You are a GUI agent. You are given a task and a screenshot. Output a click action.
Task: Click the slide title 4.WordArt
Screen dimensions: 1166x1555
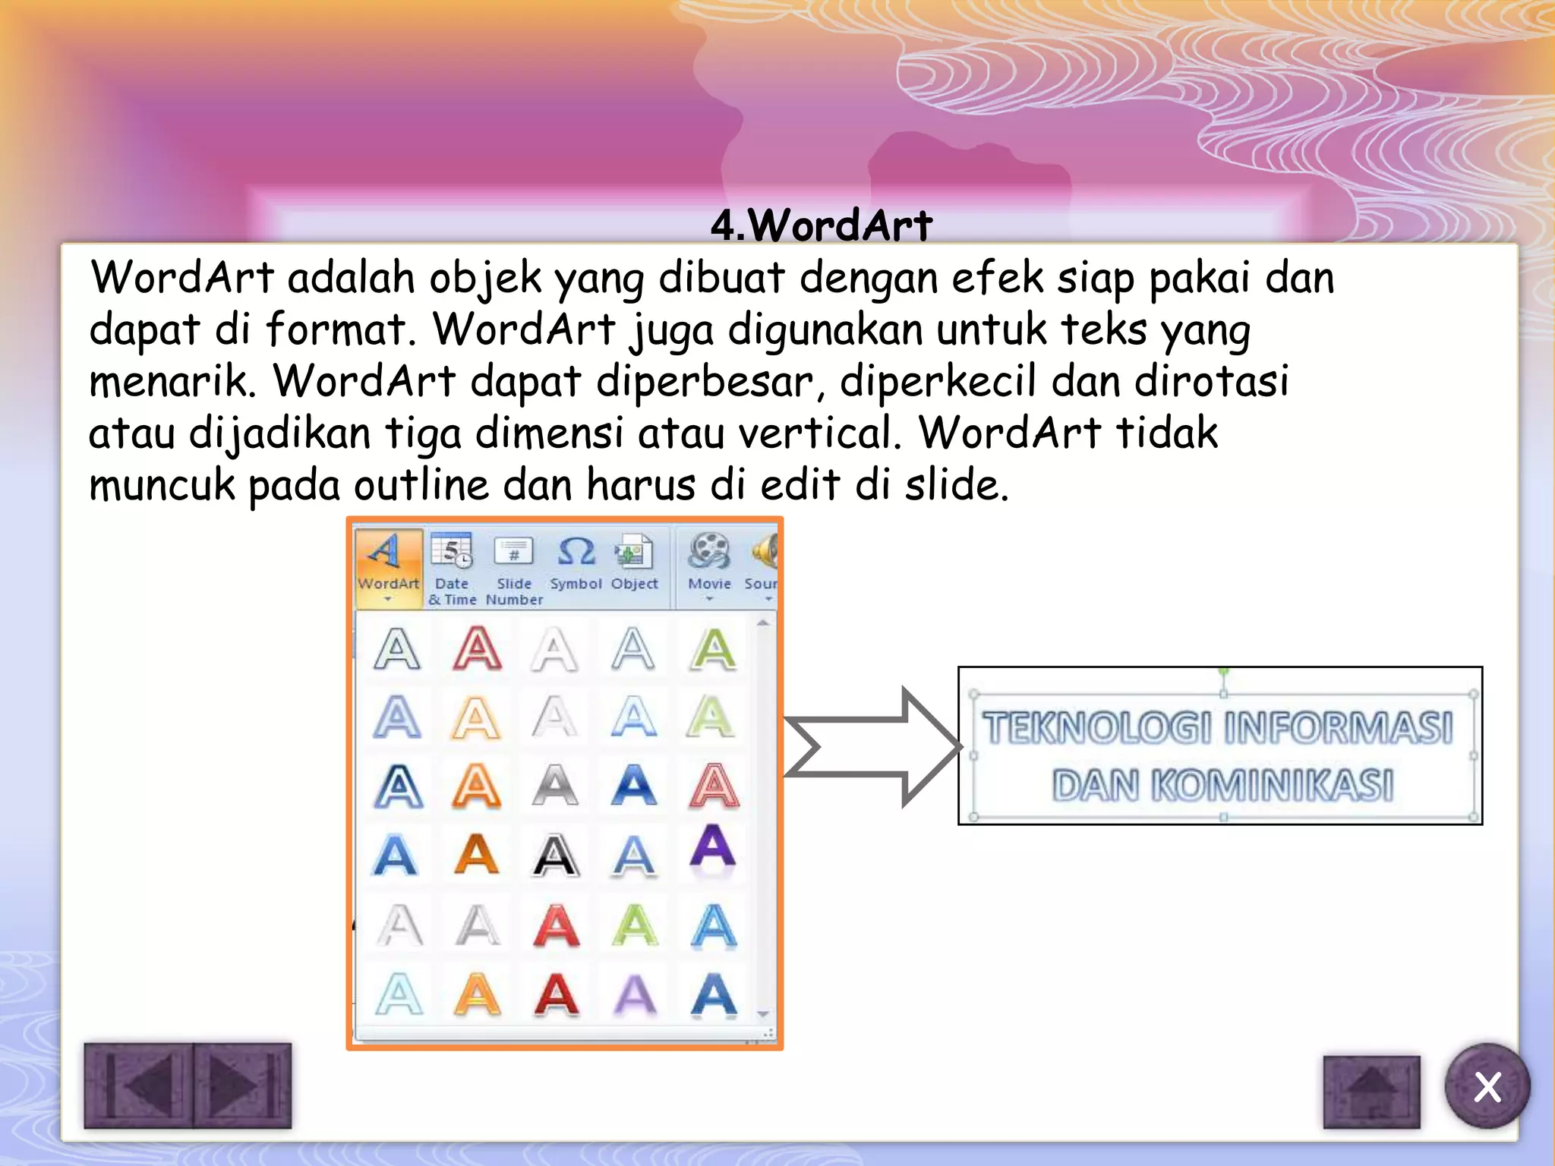[x=821, y=225]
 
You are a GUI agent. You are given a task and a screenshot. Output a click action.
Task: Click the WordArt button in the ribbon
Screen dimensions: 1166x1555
[x=388, y=566]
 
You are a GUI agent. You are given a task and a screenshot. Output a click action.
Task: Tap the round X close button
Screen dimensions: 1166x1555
[x=1487, y=1086]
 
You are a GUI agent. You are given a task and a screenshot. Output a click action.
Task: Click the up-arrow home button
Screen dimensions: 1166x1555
[x=1371, y=1091]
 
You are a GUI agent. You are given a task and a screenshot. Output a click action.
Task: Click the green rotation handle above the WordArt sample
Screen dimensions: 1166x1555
[x=1223, y=672]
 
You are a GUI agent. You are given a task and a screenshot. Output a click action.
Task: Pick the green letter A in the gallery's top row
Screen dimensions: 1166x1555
[x=712, y=650]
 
